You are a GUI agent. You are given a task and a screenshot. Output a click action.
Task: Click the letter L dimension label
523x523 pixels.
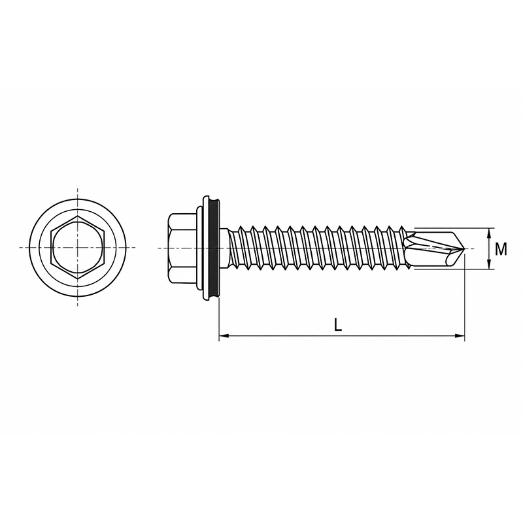338,324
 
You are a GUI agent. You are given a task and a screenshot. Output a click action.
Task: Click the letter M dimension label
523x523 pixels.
501,249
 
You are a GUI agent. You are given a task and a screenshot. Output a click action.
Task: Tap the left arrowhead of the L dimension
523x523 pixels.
224,335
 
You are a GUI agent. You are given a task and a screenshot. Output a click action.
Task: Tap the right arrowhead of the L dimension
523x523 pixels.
460,335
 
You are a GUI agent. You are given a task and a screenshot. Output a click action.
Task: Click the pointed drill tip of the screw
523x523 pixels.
464,248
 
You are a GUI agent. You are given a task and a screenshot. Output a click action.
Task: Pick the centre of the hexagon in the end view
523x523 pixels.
78,248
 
